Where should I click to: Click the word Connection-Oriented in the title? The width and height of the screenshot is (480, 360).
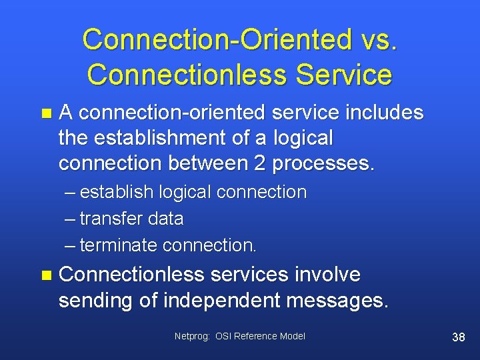pyautogui.click(x=207, y=40)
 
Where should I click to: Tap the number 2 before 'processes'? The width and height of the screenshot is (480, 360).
pyautogui.click(x=261, y=164)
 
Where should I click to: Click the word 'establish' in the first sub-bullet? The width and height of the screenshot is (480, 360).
pyautogui.click(x=117, y=192)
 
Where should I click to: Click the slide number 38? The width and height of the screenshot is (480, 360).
pyautogui.click(x=458, y=337)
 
